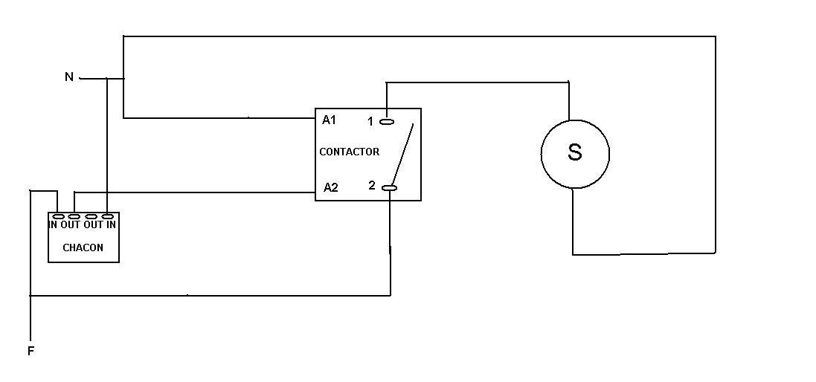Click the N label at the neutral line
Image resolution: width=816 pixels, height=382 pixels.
tap(69, 77)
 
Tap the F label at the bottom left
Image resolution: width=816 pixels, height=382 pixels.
tap(31, 351)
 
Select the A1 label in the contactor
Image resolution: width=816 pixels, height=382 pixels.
tap(330, 120)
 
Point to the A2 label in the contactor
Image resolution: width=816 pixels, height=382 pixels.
tap(330, 187)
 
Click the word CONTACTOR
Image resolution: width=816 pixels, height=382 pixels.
tap(349, 152)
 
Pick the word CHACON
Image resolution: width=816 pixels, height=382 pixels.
tap(83, 247)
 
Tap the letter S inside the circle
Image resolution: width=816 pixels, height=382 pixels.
tap(574, 153)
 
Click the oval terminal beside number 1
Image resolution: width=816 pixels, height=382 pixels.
tap(387, 121)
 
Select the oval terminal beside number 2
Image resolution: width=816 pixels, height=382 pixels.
tap(390, 188)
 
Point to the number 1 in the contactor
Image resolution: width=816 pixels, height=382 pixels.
tap(370, 121)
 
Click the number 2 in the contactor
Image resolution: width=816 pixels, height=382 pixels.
tap(372, 186)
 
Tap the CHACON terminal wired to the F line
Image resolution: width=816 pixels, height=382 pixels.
tap(58, 216)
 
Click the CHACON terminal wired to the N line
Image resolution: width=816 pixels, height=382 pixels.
tap(107, 216)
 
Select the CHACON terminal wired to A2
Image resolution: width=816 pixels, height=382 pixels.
tap(74, 216)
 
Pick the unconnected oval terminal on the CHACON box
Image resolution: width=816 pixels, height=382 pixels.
tap(91, 216)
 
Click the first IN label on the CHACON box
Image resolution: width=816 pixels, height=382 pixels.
tap(54, 224)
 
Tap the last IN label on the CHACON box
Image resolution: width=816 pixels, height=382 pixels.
tap(111, 224)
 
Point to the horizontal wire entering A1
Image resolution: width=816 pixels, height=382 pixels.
tap(223, 117)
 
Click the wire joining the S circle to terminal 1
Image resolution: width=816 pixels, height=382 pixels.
tap(476, 82)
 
